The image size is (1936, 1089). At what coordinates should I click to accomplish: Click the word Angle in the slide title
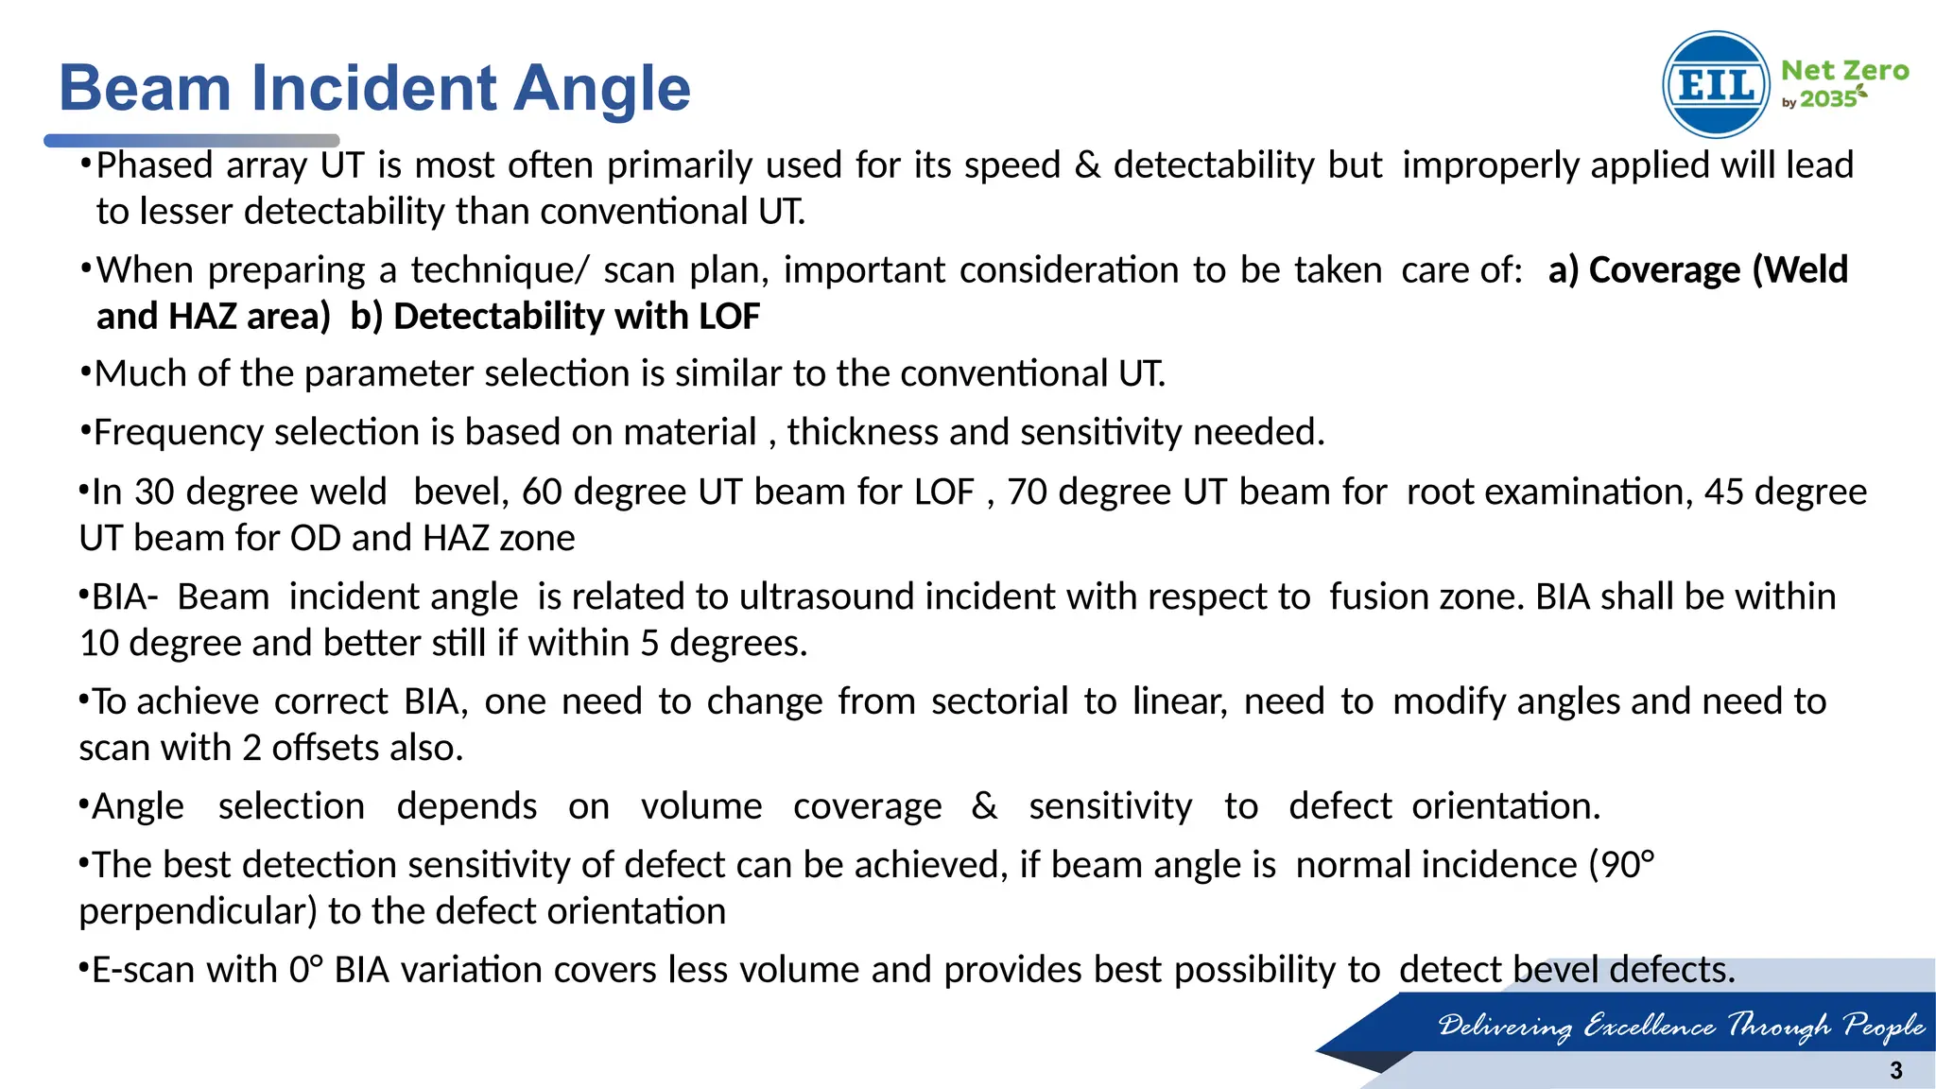click(x=603, y=88)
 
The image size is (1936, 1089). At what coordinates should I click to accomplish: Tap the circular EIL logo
click(x=1716, y=85)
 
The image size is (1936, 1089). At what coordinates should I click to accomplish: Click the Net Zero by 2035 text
click(x=1843, y=84)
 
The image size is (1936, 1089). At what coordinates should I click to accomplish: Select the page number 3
click(x=1895, y=1070)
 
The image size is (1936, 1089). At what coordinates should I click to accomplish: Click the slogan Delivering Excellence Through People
click(x=1680, y=1026)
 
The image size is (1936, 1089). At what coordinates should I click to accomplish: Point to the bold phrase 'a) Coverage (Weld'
click(x=1697, y=270)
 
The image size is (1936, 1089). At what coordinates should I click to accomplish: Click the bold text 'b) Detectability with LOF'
click(x=555, y=317)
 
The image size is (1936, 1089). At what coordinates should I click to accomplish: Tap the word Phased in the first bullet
click(x=154, y=165)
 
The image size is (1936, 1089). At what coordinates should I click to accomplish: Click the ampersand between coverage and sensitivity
click(x=984, y=806)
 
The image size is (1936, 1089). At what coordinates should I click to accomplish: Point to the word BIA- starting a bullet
click(x=125, y=597)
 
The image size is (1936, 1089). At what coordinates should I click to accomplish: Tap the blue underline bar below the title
click(x=192, y=140)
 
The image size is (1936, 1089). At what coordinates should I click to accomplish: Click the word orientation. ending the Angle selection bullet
click(x=1506, y=806)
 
